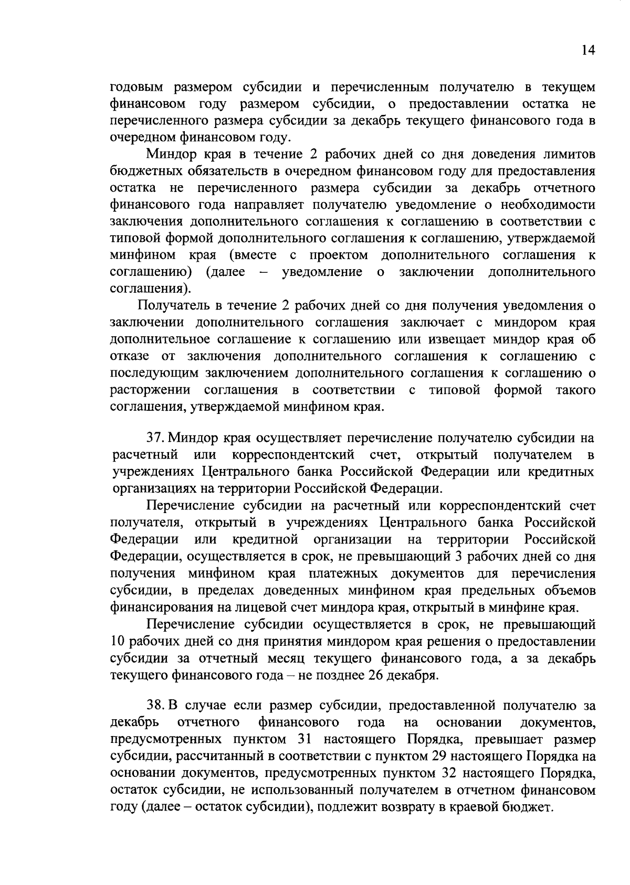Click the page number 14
[x=588, y=50]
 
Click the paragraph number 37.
[x=156, y=438]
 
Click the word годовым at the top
[x=137, y=87]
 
